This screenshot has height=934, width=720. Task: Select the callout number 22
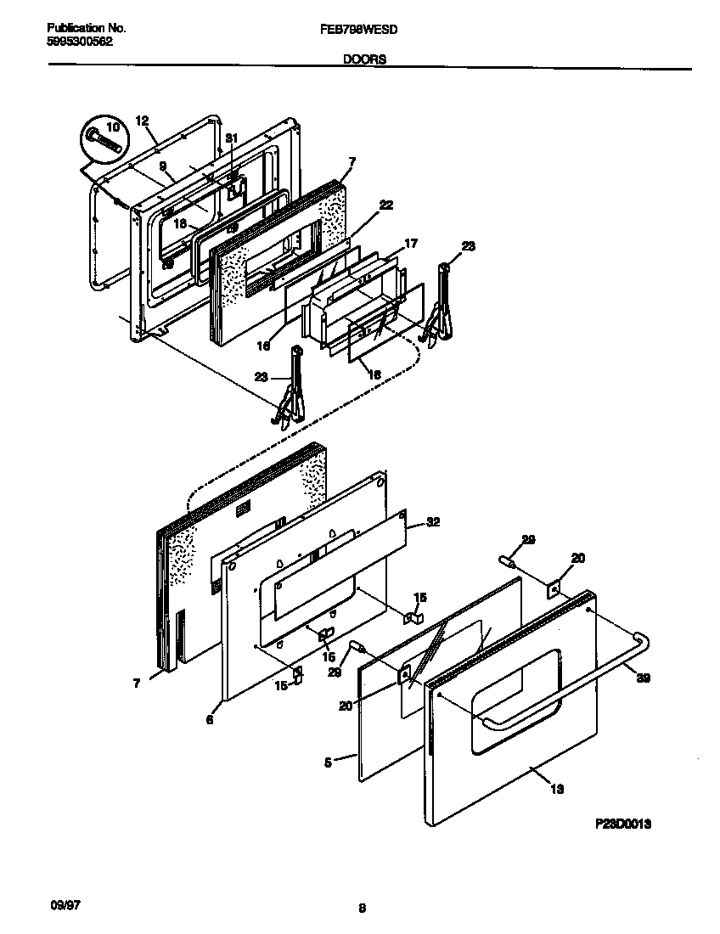tap(386, 205)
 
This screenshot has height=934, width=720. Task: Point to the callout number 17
tap(411, 244)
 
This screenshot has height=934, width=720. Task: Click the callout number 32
tap(434, 522)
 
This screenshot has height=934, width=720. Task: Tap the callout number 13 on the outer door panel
tap(557, 789)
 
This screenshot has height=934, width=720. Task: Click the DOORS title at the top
tap(365, 60)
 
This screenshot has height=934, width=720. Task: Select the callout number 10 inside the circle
tap(112, 126)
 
